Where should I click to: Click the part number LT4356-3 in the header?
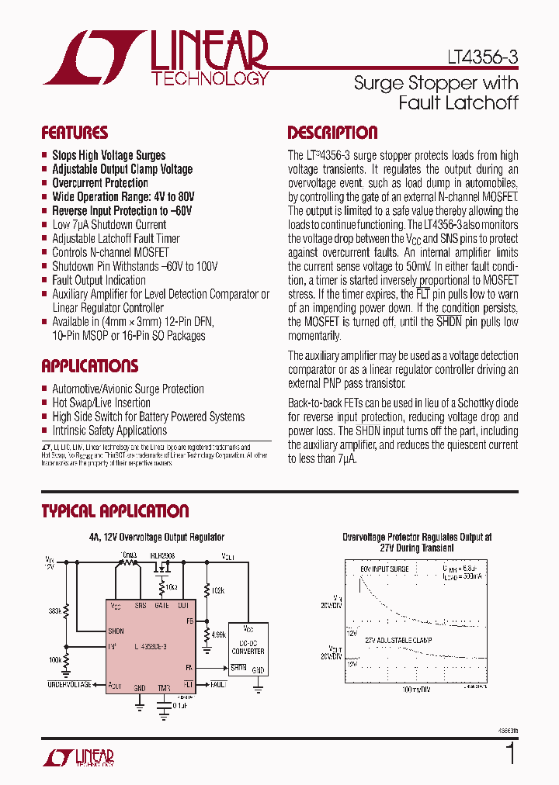pyautogui.click(x=481, y=57)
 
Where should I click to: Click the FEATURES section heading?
pyautogui.click(x=75, y=133)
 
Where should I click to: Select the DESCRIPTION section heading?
pyautogui.click(x=332, y=133)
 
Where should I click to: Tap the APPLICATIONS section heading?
pyautogui.click(x=89, y=366)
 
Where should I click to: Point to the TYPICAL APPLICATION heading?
pyautogui.click(x=115, y=511)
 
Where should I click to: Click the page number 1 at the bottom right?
pyautogui.click(x=510, y=754)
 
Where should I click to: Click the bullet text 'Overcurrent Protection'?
pyautogui.click(x=100, y=183)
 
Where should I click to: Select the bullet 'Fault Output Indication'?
pyautogui.click(x=99, y=280)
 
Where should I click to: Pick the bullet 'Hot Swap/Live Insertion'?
pyautogui.click(x=101, y=403)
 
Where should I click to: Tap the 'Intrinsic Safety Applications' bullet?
pyautogui.click(x=109, y=431)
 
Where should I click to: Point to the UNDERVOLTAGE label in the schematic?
pyautogui.click(x=69, y=685)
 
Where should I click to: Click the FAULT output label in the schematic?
pyautogui.click(x=218, y=685)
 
